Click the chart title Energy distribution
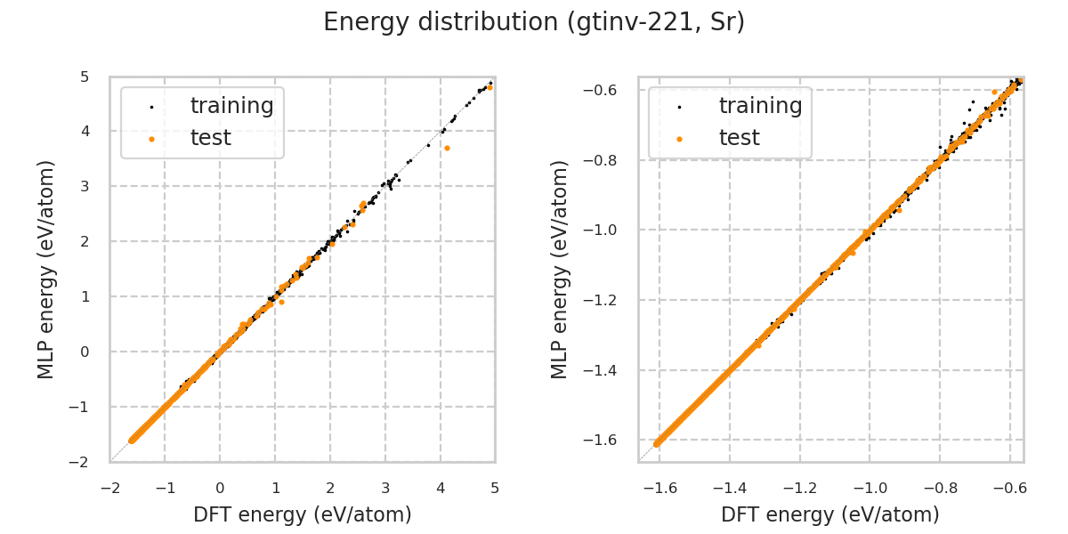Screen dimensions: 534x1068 (533, 22)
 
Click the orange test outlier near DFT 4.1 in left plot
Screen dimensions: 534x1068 (447, 148)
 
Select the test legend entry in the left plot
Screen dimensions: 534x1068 (210, 138)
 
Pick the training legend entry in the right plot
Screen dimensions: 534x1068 (760, 106)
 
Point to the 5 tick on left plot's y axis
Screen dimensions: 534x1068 (85, 77)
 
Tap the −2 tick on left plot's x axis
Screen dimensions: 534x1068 (110, 488)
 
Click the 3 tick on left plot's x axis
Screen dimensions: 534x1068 (385, 488)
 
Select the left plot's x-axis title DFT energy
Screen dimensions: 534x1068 (302, 514)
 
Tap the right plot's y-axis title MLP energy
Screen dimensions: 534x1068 (559, 270)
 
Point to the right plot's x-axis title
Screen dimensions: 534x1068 (829, 514)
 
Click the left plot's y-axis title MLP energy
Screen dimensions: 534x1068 (46, 270)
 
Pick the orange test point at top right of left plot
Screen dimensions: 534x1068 (489, 87)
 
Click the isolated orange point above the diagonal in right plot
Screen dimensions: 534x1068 (994, 92)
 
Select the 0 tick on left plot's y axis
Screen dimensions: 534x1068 (85, 352)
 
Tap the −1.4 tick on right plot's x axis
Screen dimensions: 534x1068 (729, 488)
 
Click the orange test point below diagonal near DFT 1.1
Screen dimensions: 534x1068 (281, 302)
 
